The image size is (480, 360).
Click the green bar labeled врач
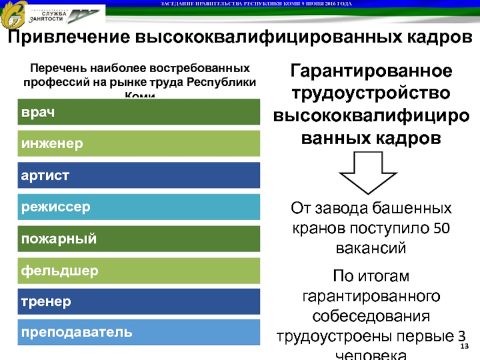139,112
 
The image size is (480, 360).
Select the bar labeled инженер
139,144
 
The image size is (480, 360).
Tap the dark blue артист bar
139,175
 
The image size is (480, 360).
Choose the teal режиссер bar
139,207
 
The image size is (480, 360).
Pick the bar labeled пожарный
139,239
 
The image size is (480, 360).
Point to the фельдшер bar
139,271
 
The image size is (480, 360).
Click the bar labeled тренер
139,301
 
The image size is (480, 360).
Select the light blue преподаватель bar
139,332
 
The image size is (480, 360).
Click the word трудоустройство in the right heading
371,94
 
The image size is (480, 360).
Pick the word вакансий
371,247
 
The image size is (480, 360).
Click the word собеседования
371,316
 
